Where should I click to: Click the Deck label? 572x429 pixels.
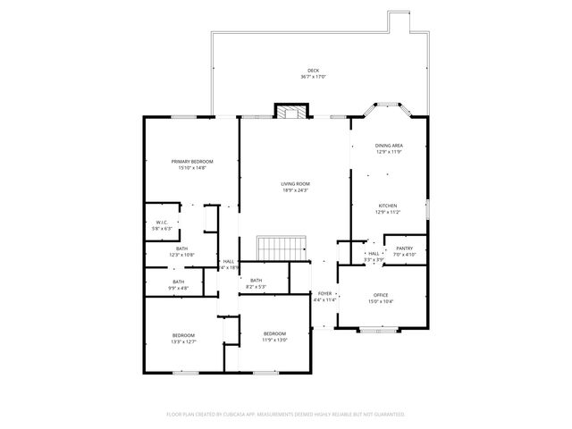click(x=313, y=71)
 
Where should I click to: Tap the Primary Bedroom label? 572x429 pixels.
click(x=192, y=161)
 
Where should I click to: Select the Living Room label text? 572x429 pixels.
click(x=295, y=183)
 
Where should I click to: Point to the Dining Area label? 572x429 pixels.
click(x=389, y=145)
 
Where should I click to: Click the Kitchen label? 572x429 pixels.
click(x=387, y=206)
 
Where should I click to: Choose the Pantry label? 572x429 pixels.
click(x=404, y=248)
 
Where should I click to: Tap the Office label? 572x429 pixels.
click(x=382, y=295)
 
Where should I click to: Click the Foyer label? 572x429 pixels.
click(x=324, y=293)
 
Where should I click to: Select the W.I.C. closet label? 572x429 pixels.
click(x=162, y=223)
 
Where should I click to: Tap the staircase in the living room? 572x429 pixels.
click(x=282, y=246)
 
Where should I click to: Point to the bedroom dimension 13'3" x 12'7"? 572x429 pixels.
click(x=183, y=341)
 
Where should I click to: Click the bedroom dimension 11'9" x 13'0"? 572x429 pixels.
click(x=273, y=340)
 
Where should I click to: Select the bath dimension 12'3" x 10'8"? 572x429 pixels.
click(x=181, y=255)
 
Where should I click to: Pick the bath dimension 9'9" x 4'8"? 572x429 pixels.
click(x=179, y=288)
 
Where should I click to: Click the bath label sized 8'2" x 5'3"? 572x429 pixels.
click(x=257, y=282)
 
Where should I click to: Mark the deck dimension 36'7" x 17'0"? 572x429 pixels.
click(x=313, y=77)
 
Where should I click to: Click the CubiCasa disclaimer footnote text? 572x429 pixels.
click(x=286, y=415)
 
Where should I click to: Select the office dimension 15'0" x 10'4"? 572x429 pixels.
click(x=382, y=301)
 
